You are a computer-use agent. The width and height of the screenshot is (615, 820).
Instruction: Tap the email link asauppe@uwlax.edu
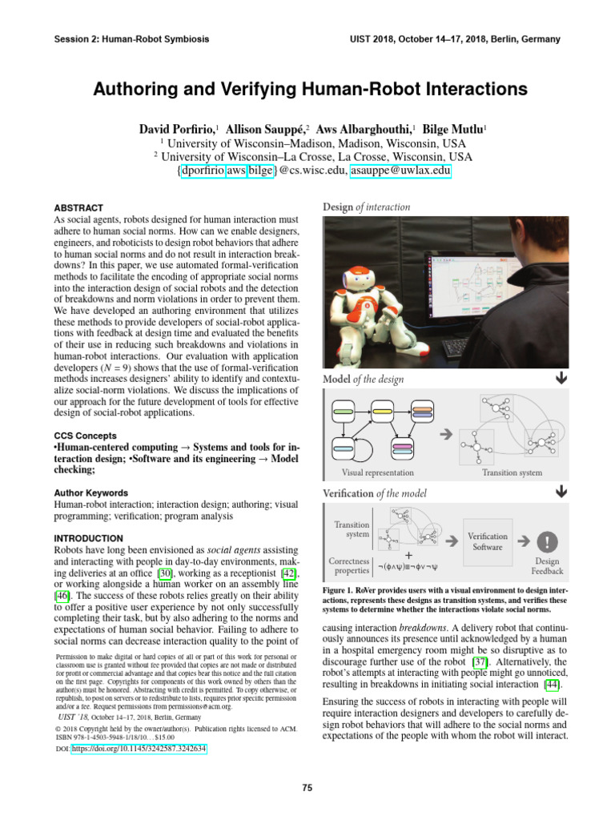pos(401,171)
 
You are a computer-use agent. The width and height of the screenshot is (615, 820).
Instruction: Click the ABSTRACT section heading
pos(78,207)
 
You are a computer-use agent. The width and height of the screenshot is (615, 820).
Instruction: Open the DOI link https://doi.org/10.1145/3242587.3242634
pos(139,749)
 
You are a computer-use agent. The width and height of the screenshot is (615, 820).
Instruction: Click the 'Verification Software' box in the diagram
pos(487,541)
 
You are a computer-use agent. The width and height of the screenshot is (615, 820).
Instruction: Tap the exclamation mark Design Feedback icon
pos(547,540)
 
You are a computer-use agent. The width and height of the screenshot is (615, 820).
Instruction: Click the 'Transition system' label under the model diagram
pos(512,473)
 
